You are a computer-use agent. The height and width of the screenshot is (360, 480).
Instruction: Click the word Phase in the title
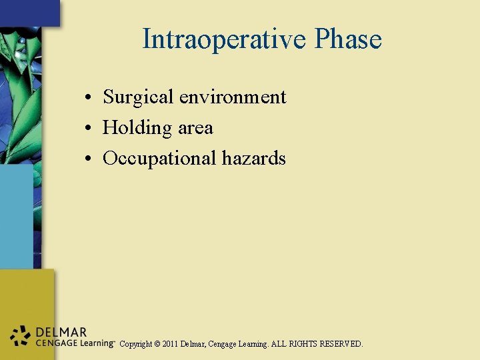348,39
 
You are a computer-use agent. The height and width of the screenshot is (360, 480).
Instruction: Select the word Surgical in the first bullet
138,97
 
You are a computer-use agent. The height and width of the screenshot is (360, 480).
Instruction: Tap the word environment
232,97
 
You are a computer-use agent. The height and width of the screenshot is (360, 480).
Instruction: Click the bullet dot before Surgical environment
88,98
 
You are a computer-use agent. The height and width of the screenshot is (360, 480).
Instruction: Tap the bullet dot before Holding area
88,128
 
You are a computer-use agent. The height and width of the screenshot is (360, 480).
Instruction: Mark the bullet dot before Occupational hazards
88,159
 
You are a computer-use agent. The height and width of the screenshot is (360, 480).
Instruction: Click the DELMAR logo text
61,332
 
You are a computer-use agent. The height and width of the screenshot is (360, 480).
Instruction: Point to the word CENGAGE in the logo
55,343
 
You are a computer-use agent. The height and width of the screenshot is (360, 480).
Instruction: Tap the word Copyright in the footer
135,344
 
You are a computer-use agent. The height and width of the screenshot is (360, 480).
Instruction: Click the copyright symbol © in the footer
157,344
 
